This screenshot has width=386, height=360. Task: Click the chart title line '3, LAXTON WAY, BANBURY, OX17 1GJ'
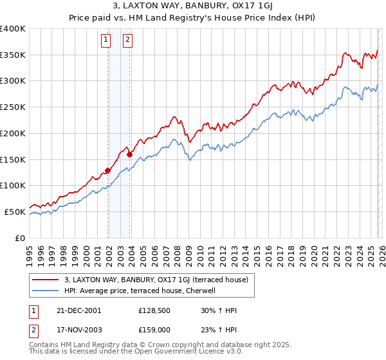pos(193,6)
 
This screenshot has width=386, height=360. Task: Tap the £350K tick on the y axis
pos(13,55)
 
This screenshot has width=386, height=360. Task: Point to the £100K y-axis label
pos(13,186)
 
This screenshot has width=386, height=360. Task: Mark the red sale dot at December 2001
pos(107,170)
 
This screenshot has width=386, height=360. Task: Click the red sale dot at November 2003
pos(129,154)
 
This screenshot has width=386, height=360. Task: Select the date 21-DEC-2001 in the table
pos(78,310)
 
